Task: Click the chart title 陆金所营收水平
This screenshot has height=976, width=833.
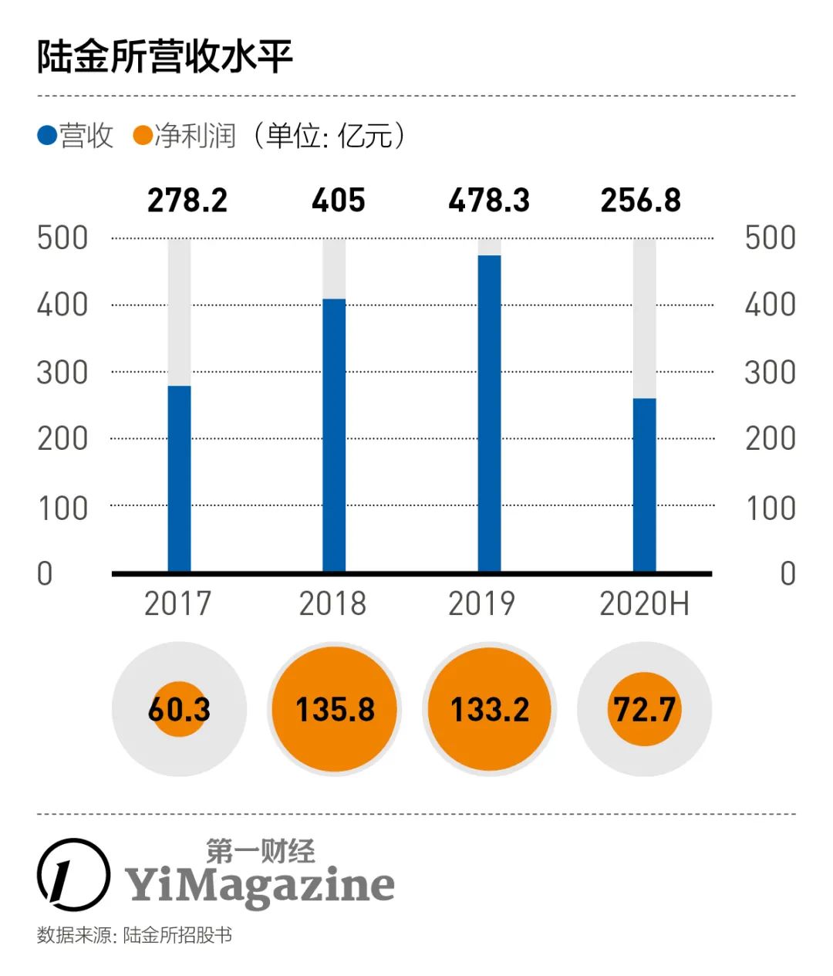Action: tap(165, 57)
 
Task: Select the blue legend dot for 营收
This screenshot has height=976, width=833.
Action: tap(47, 137)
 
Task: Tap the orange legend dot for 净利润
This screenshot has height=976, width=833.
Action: tap(143, 137)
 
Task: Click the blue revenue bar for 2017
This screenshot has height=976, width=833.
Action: tap(179, 478)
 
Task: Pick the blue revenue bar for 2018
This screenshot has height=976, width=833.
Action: tap(334, 435)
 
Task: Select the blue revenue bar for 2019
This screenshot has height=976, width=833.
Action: tap(489, 414)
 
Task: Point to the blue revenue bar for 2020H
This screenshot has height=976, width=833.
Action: tap(644, 485)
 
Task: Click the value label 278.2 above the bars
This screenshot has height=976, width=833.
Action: tap(187, 201)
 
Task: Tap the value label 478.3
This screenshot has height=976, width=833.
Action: tap(489, 201)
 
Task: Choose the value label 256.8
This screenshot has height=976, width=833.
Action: tap(641, 201)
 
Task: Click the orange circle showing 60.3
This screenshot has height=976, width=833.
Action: tap(179, 709)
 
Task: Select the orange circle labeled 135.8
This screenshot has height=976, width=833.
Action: tap(335, 709)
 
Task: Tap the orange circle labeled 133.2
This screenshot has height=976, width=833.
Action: tap(490, 709)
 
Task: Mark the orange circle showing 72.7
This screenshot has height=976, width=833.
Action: tap(645, 709)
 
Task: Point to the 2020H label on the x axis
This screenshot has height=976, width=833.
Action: tap(644, 603)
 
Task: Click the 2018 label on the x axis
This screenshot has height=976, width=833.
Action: tap(332, 603)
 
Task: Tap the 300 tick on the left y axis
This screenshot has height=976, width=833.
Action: tap(62, 373)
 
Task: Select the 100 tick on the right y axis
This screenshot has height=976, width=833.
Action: tap(770, 508)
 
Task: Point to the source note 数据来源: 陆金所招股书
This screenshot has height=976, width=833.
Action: tap(134, 935)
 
